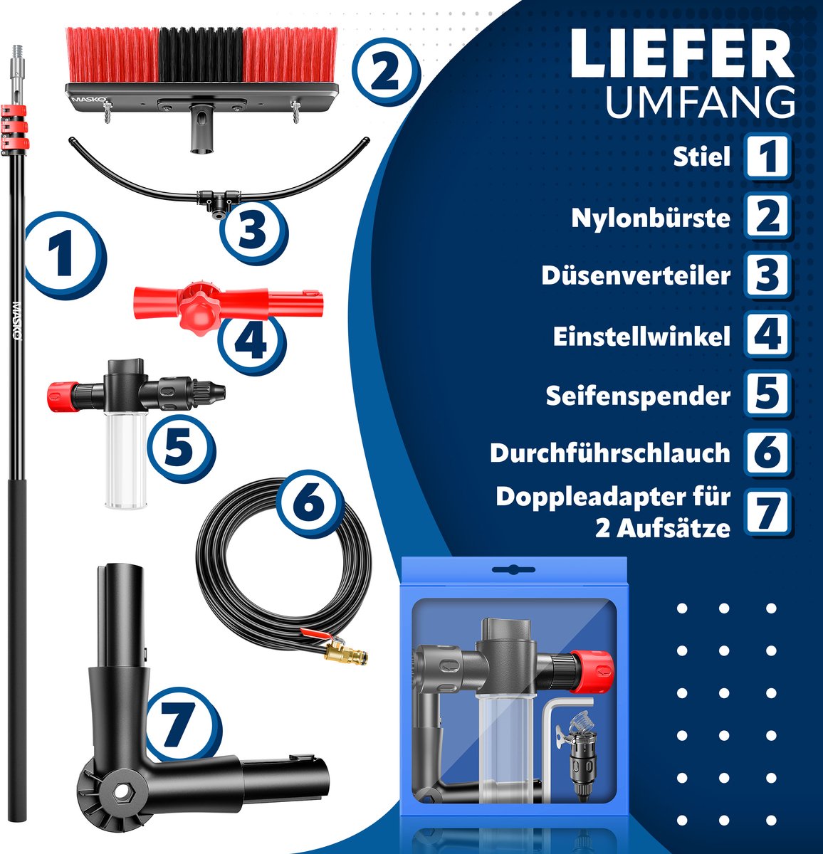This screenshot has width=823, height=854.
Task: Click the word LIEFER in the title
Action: (681, 54)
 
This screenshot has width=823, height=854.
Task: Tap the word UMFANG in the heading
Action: (700, 102)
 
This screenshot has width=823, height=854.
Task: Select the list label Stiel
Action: (702, 157)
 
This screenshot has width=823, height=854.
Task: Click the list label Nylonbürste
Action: (651, 217)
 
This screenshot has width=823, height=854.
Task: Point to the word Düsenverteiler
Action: (636, 275)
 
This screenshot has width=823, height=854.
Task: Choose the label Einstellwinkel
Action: (641, 336)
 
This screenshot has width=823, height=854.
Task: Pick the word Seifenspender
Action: (638, 396)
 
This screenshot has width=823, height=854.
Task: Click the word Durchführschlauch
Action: (610, 453)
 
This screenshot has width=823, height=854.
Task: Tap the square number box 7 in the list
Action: (767, 512)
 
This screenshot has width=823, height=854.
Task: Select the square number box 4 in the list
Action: (767, 335)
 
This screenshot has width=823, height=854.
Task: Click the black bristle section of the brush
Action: (200, 56)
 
